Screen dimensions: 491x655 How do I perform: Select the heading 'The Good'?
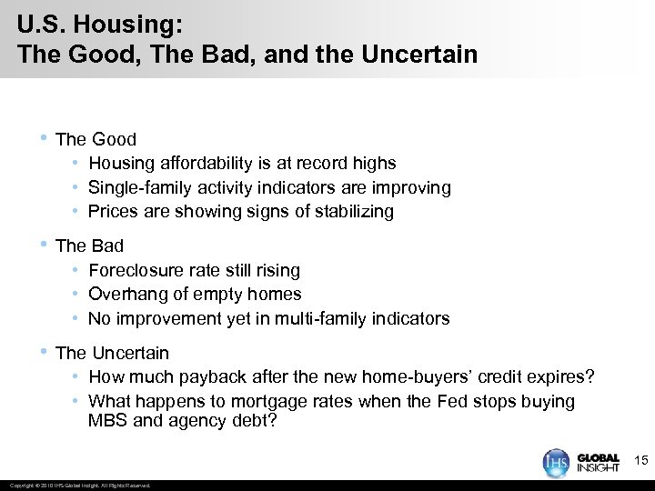(96, 139)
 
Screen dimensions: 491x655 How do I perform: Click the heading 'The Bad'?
(89, 245)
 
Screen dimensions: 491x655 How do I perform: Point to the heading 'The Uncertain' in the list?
(112, 353)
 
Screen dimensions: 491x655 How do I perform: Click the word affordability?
(206, 164)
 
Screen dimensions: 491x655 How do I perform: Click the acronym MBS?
(107, 420)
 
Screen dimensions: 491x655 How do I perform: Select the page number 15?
(639, 462)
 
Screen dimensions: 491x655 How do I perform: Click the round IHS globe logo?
(556, 462)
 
